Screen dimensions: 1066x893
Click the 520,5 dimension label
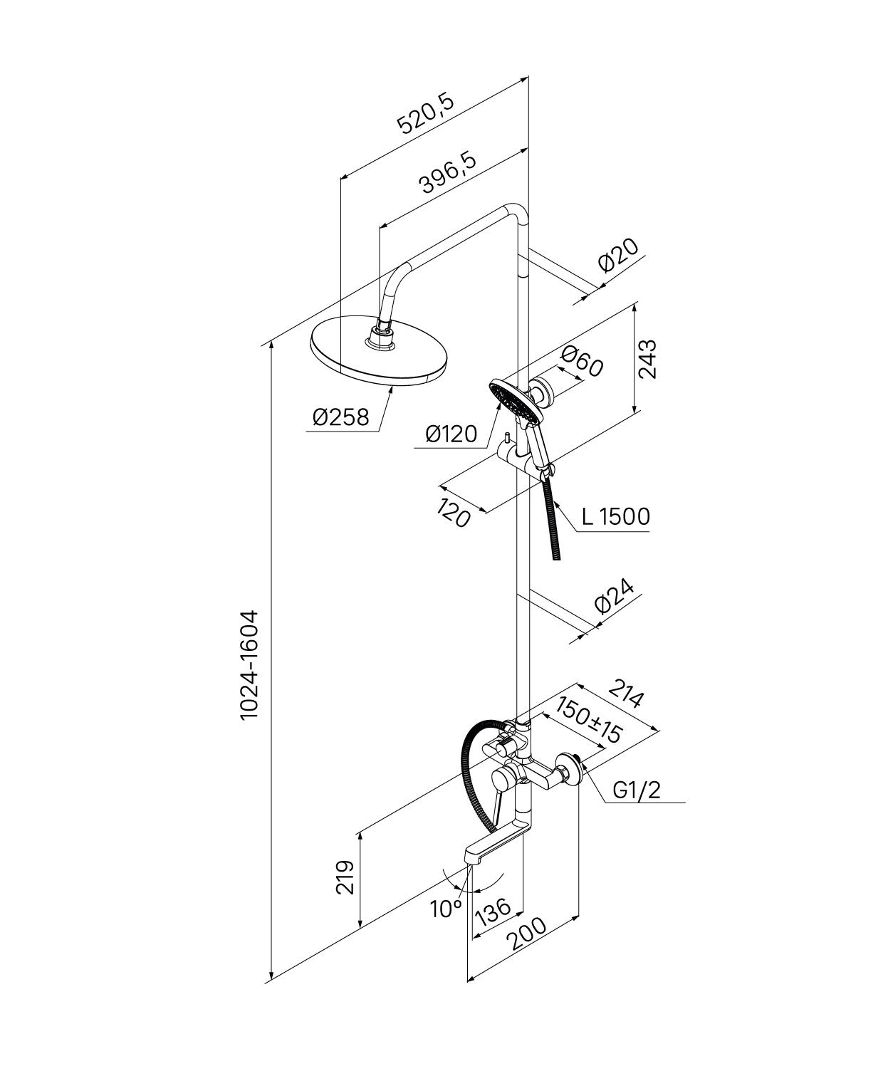426,113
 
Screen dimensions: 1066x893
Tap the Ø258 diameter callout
341,417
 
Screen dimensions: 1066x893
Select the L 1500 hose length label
615,516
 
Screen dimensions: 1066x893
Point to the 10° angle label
446,908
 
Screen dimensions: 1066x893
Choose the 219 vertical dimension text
345,877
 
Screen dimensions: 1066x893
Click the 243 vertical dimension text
647,360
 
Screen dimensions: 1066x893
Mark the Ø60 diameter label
582,361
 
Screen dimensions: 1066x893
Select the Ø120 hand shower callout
451,434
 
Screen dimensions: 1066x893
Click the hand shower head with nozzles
513,399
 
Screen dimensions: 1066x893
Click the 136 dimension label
493,911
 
